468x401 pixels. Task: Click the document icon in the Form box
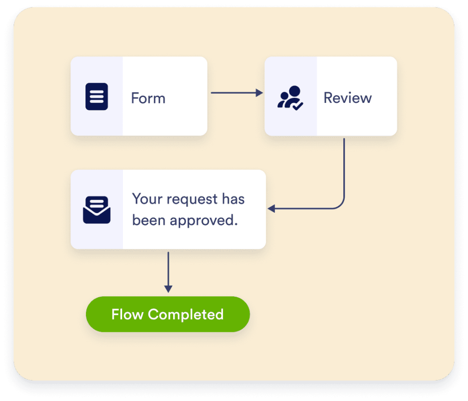pos(96,96)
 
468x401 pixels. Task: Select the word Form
pos(148,98)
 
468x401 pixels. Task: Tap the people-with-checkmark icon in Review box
pos(290,97)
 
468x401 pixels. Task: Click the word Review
pos(347,98)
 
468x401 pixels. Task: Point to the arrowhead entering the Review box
pos(260,93)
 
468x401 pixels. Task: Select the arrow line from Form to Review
pos(233,93)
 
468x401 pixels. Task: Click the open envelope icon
pos(96,210)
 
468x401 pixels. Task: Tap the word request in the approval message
pos(192,200)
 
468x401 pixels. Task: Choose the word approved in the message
pos(204,220)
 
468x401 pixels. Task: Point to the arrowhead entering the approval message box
pos(271,209)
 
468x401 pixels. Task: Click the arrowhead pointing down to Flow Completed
pos(168,289)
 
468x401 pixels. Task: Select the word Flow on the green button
pos(128,315)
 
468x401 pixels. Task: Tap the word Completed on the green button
pos(186,315)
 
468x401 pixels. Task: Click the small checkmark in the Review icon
pos(298,106)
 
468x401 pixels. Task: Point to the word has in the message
pos(233,199)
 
